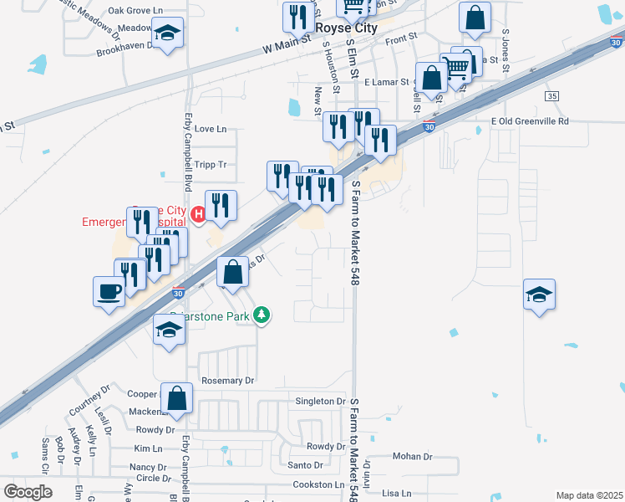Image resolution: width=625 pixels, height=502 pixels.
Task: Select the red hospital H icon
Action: pos(198,215)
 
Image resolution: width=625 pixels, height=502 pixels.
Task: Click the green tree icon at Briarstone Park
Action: pos(262,315)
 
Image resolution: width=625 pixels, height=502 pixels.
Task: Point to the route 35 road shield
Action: pos(551,96)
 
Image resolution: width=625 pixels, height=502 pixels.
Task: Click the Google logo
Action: pos(28,491)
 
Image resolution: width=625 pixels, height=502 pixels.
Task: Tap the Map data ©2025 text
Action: pos(590,495)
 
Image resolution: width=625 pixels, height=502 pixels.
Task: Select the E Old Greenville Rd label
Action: pos(530,121)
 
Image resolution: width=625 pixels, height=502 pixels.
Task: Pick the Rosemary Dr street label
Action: pos(227,381)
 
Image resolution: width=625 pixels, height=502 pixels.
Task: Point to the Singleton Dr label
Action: pos(321,402)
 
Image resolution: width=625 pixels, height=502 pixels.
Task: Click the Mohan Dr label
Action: pos(412,457)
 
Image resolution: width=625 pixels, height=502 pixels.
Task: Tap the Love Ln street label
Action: pos(210,130)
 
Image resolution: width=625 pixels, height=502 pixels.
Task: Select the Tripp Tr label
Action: pos(210,165)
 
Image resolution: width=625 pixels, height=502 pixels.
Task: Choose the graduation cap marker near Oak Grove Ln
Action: pos(168,33)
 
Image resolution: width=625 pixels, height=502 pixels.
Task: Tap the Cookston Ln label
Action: pos(318,485)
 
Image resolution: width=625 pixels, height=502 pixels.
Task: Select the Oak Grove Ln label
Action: pos(135,11)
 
